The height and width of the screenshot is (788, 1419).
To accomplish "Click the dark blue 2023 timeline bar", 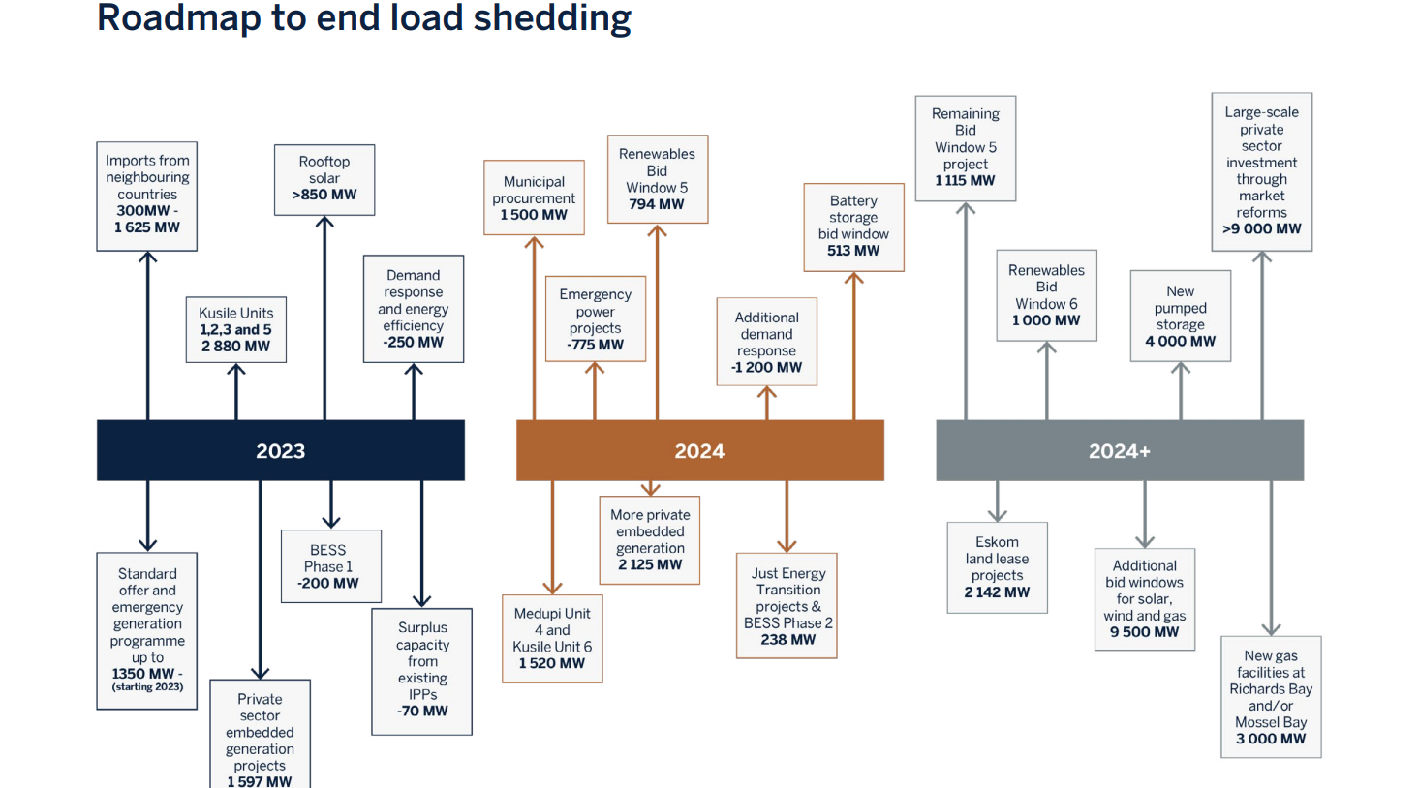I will [280, 450].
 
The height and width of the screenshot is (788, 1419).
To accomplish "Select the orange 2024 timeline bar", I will [699, 450].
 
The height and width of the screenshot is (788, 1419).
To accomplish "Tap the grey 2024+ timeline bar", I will [1119, 450].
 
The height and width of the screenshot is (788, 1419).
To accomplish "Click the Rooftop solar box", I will [324, 179].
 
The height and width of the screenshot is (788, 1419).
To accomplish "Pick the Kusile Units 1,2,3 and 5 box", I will [235, 329].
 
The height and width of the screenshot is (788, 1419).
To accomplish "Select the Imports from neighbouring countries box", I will [147, 196].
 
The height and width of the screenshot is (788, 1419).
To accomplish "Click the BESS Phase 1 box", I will [330, 566].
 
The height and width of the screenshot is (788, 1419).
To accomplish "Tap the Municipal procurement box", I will [534, 197].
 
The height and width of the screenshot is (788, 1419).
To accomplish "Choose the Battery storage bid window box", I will [853, 227].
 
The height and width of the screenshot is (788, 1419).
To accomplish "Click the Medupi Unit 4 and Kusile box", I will [552, 639].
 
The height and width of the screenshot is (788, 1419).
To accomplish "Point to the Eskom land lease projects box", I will [997, 567].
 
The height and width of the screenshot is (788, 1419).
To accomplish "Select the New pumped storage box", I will [1180, 316].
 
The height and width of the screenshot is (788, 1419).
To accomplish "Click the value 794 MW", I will [657, 204].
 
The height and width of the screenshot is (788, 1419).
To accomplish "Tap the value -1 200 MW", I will [766, 368].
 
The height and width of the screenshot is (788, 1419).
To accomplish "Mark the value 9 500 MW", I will [1144, 632].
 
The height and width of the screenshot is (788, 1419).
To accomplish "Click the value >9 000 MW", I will [1261, 229].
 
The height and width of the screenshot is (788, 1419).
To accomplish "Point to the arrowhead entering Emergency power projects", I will [595, 369].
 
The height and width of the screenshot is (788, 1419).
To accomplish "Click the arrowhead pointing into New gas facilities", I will [1271, 629].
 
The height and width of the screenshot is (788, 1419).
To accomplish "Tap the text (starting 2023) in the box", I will [147, 687].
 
